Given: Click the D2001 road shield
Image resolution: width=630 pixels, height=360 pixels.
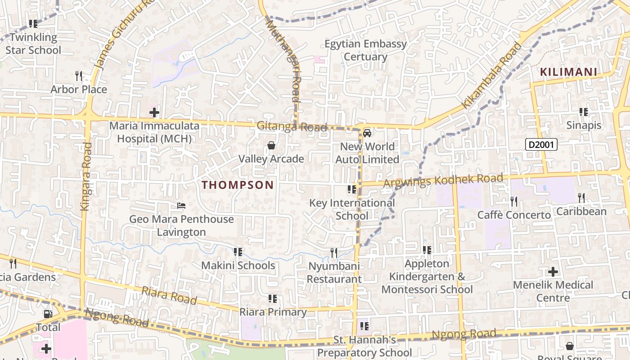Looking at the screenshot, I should (x=541, y=144).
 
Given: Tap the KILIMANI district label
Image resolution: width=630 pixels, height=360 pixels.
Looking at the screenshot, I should (x=568, y=72).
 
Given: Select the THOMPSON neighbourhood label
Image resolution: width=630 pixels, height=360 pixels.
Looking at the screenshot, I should (x=238, y=185).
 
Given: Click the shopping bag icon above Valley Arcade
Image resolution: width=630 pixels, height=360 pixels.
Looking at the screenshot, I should (x=271, y=145).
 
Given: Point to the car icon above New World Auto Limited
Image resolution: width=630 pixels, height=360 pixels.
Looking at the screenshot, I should (x=367, y=133).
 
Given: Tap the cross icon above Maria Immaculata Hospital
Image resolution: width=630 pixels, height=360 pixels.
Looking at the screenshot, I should (x=154, y=112).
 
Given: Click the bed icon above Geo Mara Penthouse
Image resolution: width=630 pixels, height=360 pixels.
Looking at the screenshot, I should (x=181, y=206).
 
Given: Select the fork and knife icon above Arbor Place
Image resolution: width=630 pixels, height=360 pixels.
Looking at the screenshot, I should (x=79, y=76).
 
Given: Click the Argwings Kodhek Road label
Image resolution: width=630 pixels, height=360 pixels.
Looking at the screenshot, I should (x=443, y=180).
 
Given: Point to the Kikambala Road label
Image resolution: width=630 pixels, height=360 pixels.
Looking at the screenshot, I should (x=492, y=76).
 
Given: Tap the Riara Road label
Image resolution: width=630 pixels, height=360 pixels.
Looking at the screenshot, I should (x=169, y=295).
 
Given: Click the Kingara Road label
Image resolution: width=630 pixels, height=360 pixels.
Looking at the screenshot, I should (x=85, y=176).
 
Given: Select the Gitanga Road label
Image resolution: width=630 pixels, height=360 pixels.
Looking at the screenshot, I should (x=292, y=126).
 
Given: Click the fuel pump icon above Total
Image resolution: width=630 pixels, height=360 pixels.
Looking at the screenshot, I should (x=48, y=314).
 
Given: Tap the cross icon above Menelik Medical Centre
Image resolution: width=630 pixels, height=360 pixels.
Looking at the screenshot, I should (x=553, y=272).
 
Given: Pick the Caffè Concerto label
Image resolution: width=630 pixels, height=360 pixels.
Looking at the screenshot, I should (x=514, y=215).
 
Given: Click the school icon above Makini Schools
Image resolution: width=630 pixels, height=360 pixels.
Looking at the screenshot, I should (x=238, y=252).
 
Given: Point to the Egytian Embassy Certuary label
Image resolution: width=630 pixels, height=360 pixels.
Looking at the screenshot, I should (x=366, y=50).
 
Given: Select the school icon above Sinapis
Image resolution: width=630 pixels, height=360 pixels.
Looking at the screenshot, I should (x=584, y=112).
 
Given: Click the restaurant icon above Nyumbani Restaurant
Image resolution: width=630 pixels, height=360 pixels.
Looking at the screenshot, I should (x=334, y=253).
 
